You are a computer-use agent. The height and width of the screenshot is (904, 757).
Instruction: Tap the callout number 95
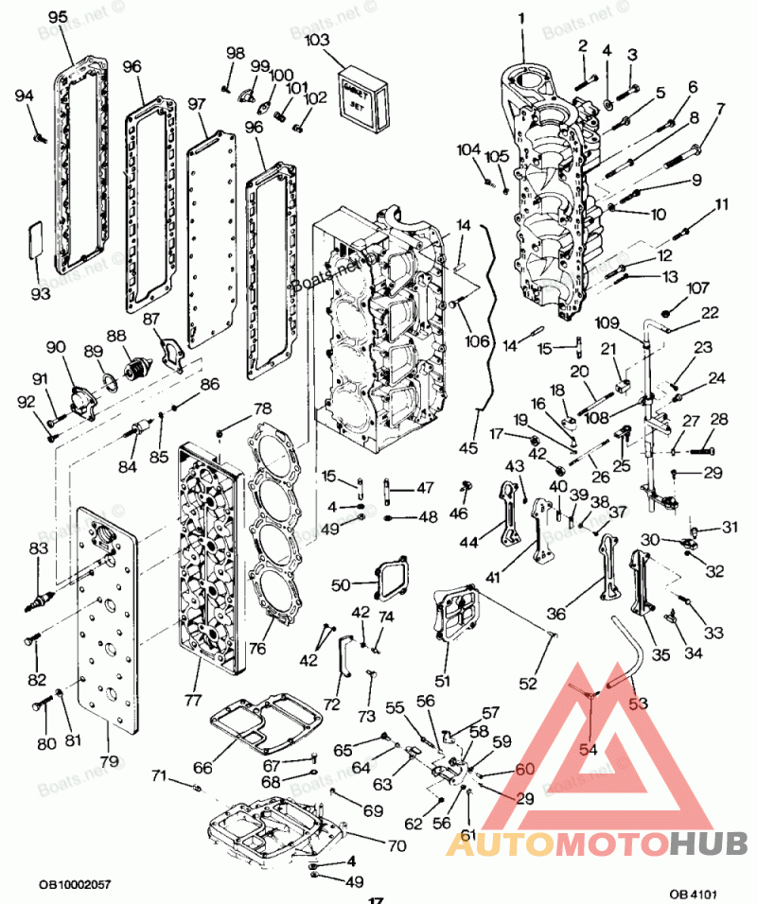(58, 17)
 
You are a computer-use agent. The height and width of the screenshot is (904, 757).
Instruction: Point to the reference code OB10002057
(75, 884)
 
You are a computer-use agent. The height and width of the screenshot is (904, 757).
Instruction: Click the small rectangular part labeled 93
(36, 237)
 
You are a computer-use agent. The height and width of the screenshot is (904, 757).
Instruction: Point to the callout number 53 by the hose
(640, 703)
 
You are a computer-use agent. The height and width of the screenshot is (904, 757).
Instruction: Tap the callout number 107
(697, 288)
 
